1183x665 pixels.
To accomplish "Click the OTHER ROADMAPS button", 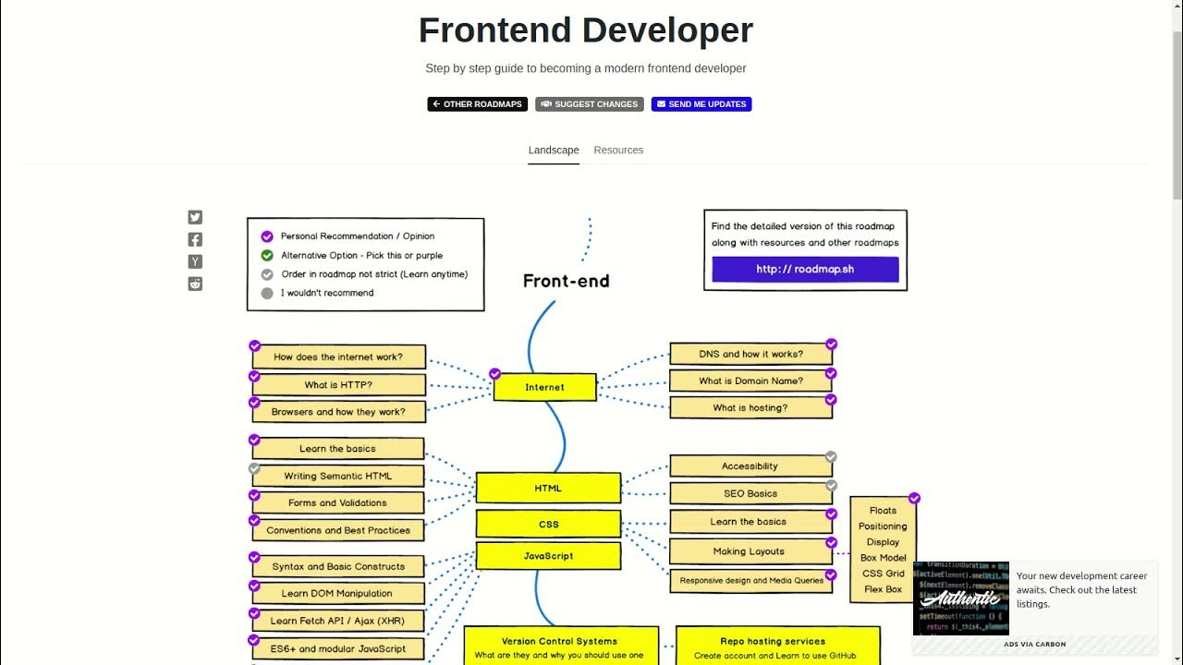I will [477, 104].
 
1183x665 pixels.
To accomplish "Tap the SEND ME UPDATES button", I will [701, 104].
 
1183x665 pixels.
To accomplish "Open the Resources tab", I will [618, 150].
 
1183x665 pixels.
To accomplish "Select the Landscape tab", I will [554, 150].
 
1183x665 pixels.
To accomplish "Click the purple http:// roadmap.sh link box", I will [805, 269].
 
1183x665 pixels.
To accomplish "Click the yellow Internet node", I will [544, 387].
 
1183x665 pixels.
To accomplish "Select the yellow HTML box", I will [548, 488].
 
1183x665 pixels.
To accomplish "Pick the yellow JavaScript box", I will [548, 556].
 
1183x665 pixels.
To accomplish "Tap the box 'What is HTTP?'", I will [338, 384].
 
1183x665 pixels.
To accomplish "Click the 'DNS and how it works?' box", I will [750, 354].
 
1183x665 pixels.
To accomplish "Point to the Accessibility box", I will [750, 466].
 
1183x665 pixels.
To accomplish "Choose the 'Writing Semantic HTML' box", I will [337, 476].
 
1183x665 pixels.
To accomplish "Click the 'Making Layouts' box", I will [749, 551].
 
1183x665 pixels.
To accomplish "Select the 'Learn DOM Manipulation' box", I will [337, 593].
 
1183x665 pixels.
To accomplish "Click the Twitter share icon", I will [195, 217].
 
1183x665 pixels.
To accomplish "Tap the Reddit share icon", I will [195, 284].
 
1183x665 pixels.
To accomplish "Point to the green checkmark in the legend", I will [267, 255].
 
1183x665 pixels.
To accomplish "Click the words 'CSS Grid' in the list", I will [883, 574].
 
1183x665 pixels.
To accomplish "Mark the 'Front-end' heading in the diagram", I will [566, 281].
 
